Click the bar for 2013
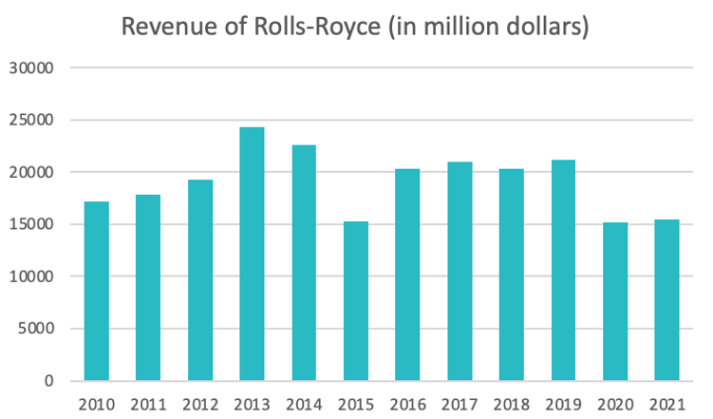(x=252, y=254)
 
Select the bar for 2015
(x=355, y=301)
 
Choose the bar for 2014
(x=304, y=263)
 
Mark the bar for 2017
(x=459, y=272)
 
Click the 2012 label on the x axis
(x=200, y=405)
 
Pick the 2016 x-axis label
(x=407, y=405)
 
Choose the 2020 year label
(x=614, y=405)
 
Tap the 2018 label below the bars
(x=511, y=405)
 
